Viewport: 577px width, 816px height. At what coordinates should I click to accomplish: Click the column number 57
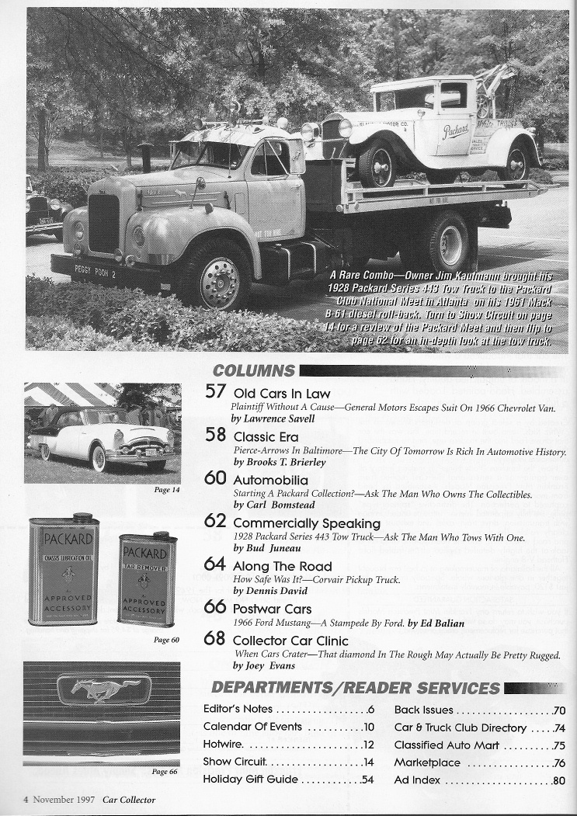pos(215,391)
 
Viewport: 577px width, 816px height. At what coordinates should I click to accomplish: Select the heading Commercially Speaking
pos(307,523)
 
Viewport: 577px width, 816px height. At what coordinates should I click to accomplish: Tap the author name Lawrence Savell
pos(270,418)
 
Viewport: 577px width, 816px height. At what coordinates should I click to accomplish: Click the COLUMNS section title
pos(253,371)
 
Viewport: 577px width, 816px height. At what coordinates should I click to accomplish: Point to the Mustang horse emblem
pos(103,689)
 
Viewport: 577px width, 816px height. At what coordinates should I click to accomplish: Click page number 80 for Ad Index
pos(558,780)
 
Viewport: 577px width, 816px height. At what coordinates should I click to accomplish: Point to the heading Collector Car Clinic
pos(290,641)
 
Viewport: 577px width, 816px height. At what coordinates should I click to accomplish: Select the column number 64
pos(214,564)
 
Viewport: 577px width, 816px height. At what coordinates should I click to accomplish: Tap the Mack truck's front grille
pos(104,223)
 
